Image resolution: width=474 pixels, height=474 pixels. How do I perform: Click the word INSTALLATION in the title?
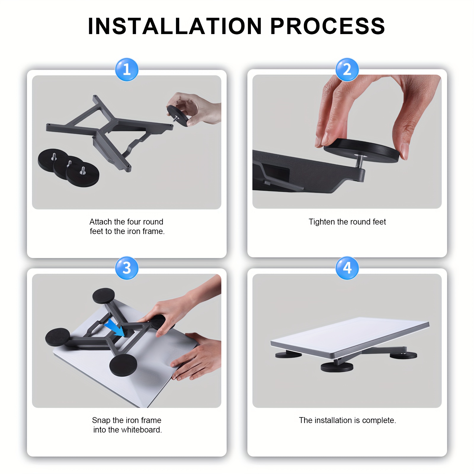[175, 26]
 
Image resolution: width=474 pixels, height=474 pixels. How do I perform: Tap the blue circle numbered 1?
[126, 70]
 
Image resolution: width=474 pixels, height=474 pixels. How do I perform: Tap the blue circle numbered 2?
[347, 70]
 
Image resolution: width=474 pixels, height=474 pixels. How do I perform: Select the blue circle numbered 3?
[126, 268]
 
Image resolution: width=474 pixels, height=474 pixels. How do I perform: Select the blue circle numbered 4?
[347, 268]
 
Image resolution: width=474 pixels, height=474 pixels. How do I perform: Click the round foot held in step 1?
[177, 116]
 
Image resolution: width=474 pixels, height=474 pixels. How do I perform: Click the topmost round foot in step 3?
[103, 295]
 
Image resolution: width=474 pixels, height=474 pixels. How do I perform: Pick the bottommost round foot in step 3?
[123, 365]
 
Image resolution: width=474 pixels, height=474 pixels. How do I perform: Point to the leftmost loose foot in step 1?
[50, 160]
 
